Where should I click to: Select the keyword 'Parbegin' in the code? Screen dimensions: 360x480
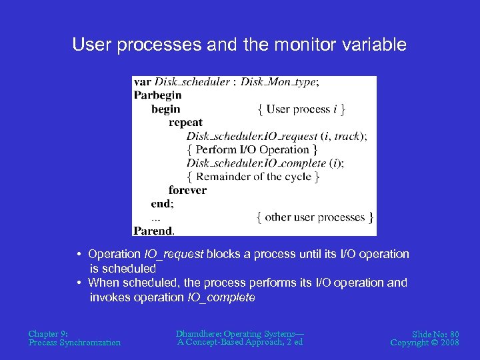[157, 95]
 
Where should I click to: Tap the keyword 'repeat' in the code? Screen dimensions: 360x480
[185, 123]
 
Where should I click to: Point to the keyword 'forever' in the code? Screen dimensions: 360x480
[187, 190]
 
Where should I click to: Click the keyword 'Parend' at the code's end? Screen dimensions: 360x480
[153, 231]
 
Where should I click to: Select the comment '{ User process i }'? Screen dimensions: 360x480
[301, 109]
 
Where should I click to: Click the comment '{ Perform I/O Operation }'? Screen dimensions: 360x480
[252, 149]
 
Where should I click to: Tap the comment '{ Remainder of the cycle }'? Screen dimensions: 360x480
[253, 177]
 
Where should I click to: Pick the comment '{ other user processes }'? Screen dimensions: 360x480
[315, 217]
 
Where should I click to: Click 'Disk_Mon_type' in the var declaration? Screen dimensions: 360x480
[279, 82]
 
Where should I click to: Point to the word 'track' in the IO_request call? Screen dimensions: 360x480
[346, 136]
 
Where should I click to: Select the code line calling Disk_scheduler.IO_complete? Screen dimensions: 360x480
[265, 163]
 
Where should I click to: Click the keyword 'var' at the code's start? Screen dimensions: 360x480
[142, 82]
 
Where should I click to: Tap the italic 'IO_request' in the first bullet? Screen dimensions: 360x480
[174, 254]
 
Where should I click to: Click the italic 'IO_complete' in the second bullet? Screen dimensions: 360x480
[222, 297]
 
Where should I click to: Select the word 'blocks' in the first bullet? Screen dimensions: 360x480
[223, 254]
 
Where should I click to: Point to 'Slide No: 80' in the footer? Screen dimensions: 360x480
[435, 333]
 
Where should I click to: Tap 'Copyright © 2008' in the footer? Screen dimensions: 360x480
[425, 343]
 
